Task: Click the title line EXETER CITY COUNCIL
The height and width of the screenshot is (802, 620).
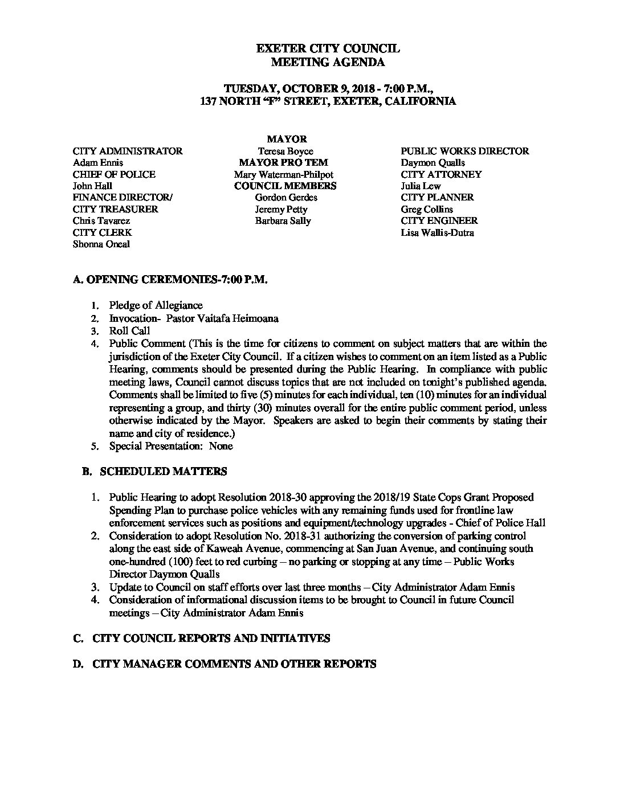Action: point(328,50)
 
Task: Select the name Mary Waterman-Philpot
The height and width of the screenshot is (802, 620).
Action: point(283,174)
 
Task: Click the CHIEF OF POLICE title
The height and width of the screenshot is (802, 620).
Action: point(114,174)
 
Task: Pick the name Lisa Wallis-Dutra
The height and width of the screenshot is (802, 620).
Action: point(437,232)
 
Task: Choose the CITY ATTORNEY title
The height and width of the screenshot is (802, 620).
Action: point(441,174)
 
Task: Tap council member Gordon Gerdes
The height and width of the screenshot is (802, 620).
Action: point(286,197)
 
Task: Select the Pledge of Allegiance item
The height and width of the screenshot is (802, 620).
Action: point(156,305)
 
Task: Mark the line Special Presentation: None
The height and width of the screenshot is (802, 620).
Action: point(171,446)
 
